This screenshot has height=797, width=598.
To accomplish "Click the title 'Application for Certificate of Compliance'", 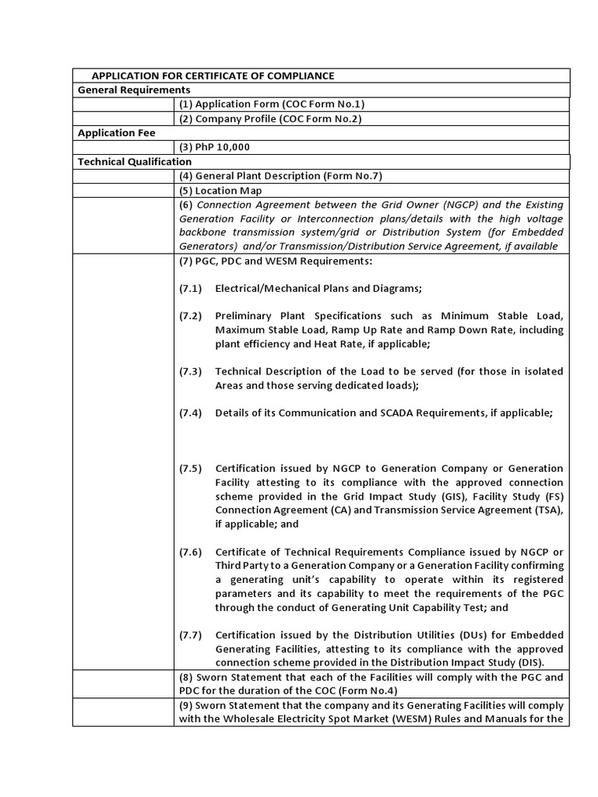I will pyautogui.click(x=213, y=75).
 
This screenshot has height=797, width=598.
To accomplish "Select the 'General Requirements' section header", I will pyautogui.click(x=134, y=90).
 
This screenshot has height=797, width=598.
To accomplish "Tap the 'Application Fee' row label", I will pyautogui.click(x=116, y=133).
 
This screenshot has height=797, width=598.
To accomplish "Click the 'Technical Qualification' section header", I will pyautogui.click(x=134, y=161).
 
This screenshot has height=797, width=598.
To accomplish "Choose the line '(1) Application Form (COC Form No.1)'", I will pyautogui.click(x=271, y=104).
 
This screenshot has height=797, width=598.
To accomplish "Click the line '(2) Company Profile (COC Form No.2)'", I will pyautogui.click(x=270, y=118).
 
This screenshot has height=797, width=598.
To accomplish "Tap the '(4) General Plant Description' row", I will pyautogui.click(x=280, y=176).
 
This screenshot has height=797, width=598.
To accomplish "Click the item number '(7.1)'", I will pyautogui.click(x=190, y=289).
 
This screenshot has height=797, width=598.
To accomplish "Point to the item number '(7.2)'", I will pyautogui.click(x=190, y=316).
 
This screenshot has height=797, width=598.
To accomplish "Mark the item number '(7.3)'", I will pyautogui.click(x=190, y=371).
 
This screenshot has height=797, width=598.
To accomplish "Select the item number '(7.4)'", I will pyautogui.click(x=190, y=413).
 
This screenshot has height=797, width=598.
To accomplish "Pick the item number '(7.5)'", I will pyautogui.click(x=190, y=469).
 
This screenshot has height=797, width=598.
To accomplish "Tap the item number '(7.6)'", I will pyautogui.click(x=190, y=552).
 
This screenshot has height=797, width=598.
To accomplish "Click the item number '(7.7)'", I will pyautogui.click(x=190, y=635).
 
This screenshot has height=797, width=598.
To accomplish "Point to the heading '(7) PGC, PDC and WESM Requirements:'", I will pyautogui.click(x=276, y=261).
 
